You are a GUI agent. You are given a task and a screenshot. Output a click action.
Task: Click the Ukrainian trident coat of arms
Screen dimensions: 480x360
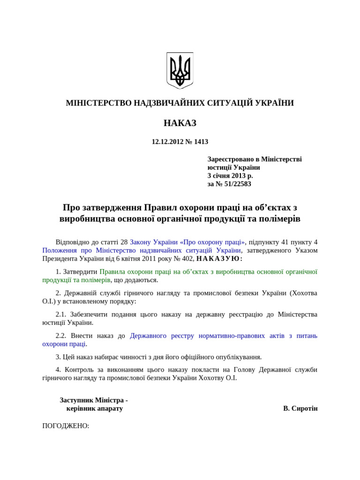(x=180, y=70)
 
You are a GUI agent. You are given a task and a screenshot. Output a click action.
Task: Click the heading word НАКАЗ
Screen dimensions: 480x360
(x=180, y=123)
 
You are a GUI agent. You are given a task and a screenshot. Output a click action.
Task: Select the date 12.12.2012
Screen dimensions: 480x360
(x=166, y=142)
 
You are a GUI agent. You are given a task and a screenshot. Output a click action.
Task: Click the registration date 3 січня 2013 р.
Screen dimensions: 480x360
(x=230, y=175)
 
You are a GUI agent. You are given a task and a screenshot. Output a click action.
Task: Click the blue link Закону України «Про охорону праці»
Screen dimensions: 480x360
(x=187, y=242)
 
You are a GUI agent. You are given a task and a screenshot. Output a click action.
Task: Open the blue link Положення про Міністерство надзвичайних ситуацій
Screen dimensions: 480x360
(x=142, y=250)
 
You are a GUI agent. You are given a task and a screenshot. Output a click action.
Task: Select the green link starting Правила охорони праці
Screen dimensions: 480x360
(x=208, y=271)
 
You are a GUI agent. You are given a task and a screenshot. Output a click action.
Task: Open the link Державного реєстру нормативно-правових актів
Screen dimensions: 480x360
(x=223, y=335)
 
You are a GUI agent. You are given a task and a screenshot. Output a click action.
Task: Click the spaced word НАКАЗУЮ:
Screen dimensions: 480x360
(x=219, y=259)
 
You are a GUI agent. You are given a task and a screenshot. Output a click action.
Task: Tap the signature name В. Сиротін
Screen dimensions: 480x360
(x=300, y=408)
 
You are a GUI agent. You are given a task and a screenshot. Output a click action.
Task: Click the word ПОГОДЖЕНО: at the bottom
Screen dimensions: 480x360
(x=66, y=426)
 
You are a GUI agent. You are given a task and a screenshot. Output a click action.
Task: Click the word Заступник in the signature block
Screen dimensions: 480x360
(x=76, y=400)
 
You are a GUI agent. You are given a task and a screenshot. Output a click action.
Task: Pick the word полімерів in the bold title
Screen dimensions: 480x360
(x=280, y=219)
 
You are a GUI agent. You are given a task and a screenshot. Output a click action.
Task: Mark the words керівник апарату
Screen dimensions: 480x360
(x=95, y=408)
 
